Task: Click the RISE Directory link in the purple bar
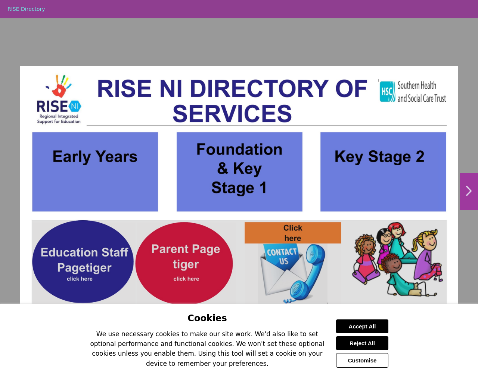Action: pos(26,9)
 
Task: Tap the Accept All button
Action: pos(362,326)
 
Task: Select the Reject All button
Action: pos(362,343)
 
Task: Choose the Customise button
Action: pos(362,360)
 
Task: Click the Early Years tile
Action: pos(95,172)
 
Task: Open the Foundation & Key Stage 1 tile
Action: pos(239,172)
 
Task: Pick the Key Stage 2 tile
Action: pos(383,172)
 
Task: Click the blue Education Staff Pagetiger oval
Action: pos(83,262)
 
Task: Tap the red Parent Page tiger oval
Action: pos(184,263)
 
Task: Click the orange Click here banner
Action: pos(293,233)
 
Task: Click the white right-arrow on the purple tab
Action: pos(469,191)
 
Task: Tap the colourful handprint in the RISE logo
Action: pos(59,86)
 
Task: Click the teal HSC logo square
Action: pos(387,92)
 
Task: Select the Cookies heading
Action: pos(207,318)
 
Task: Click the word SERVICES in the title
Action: pos(232,114)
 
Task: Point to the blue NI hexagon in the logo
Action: pos(75,106)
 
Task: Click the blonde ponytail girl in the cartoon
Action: pos(426,256)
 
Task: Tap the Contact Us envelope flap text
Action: pos(282,256)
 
